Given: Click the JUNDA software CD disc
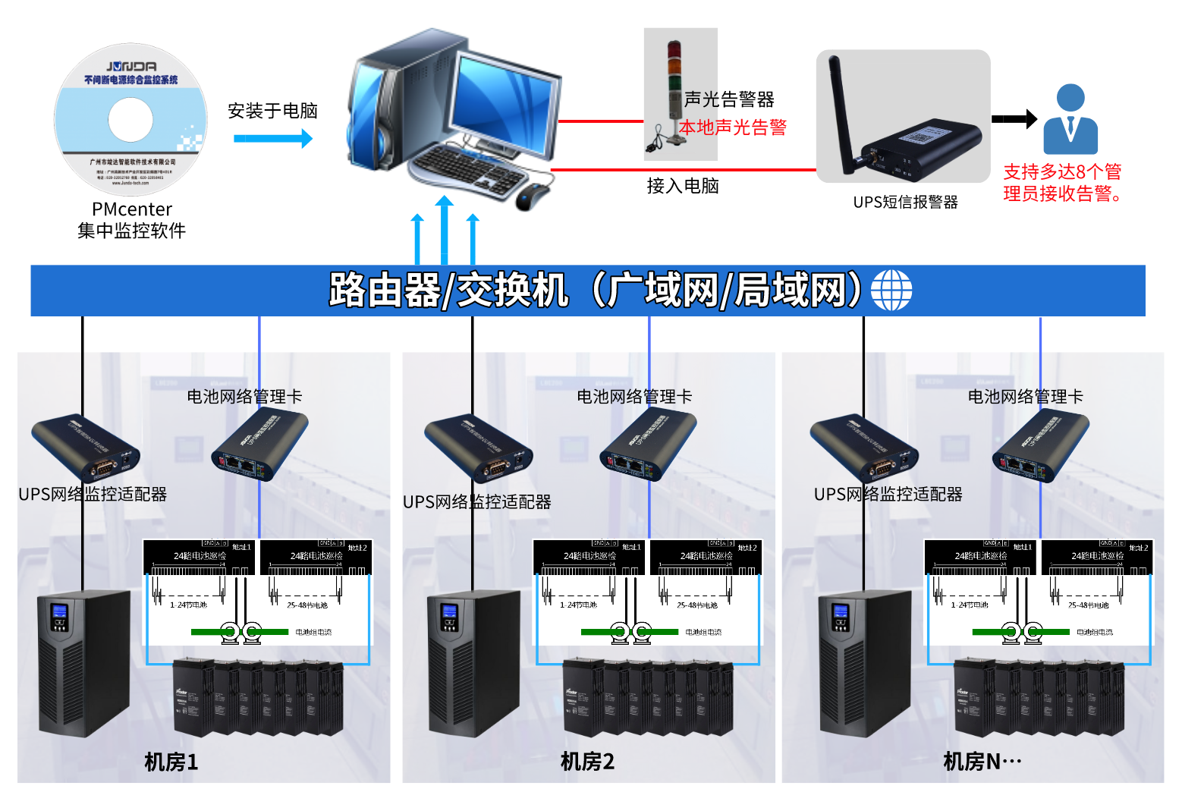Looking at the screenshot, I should [x=130, y=120].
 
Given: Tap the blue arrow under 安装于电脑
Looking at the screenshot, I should [x=272, y=139].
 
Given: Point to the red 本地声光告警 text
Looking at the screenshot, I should [x=732, y=127].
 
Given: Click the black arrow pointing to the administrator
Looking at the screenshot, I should [x=1014, y=119].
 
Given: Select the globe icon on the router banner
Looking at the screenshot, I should [x=891, y=291].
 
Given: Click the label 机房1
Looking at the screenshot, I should [x=171, y=762].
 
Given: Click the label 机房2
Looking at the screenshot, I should [x=587, y=761].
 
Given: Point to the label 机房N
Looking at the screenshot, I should [x=982, y=761].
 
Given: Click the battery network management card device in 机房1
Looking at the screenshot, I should [x=259, y=444].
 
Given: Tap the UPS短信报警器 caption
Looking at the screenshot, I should [x=905, y=202].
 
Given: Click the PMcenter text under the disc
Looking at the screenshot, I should [x=132, y=209].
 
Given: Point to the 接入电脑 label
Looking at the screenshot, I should [x=683, y=186].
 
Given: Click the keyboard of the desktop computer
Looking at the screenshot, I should [x=467, y=168].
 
